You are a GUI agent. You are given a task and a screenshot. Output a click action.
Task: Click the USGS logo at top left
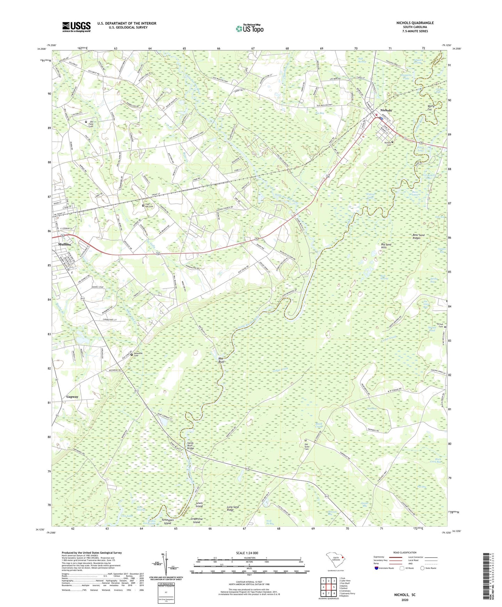76,27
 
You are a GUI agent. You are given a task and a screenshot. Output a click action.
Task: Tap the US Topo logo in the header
249,29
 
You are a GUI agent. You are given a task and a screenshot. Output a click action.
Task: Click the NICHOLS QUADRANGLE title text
415,23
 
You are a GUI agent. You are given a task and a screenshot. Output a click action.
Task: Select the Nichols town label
386,110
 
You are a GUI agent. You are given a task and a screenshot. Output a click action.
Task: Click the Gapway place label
72,397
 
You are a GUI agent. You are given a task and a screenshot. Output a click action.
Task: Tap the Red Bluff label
221,360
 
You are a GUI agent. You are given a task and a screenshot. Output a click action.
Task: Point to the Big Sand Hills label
386,246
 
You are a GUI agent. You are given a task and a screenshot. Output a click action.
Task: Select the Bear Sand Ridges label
418,237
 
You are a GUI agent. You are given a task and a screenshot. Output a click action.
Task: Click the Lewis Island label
199,505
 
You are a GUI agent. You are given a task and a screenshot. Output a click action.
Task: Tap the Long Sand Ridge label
233,509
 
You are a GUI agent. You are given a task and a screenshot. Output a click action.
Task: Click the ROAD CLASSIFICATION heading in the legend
405,552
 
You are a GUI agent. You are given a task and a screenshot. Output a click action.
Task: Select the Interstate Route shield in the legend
377,568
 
